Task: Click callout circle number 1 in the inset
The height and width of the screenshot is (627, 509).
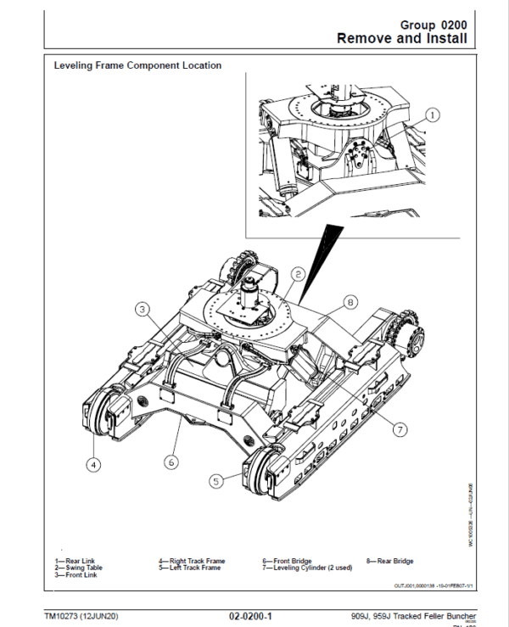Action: coord(432,113)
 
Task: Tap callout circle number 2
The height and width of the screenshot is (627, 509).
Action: coord(299,273)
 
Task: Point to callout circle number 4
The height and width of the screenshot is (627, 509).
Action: coord(94,464)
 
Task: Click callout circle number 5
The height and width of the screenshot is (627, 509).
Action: coord(216,480)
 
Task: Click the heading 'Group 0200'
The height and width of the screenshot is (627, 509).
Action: coord(433,25)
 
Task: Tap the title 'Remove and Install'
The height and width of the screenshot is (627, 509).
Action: coord(401,39)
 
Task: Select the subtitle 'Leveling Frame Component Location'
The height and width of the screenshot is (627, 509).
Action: coord(137,65)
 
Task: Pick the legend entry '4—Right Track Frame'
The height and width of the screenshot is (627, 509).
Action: coord(192,561)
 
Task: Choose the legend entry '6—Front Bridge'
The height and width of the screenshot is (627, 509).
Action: coord(288,561)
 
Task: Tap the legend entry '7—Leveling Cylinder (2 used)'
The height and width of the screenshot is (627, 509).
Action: coord(305,568)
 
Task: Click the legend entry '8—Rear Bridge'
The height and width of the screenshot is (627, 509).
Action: coord(390,561)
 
